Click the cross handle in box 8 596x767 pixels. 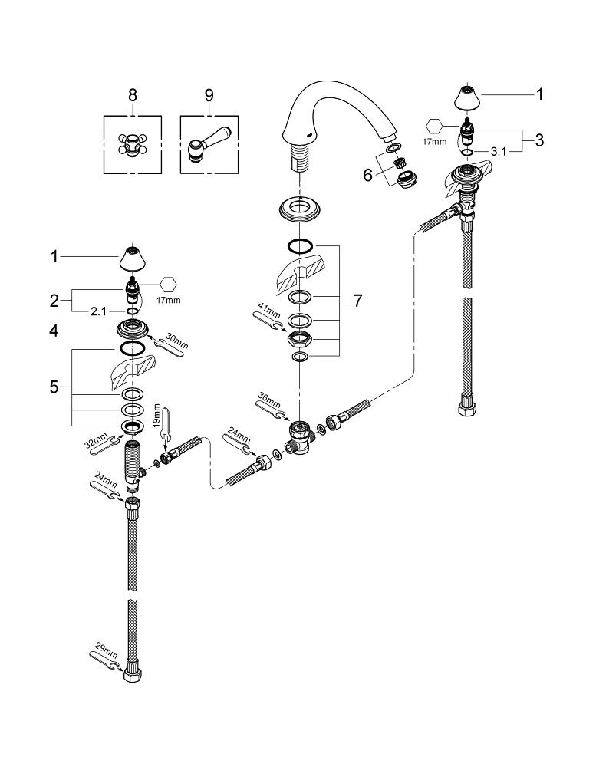(132, 144)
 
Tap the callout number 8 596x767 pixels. (132, 96)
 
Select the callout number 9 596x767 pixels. (209, 96)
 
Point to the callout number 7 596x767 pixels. (357, 301)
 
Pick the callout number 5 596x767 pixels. (54, 387)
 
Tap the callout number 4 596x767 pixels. (54, 331)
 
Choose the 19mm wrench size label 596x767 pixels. (158, 415)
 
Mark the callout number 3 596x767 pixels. (538, 140)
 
